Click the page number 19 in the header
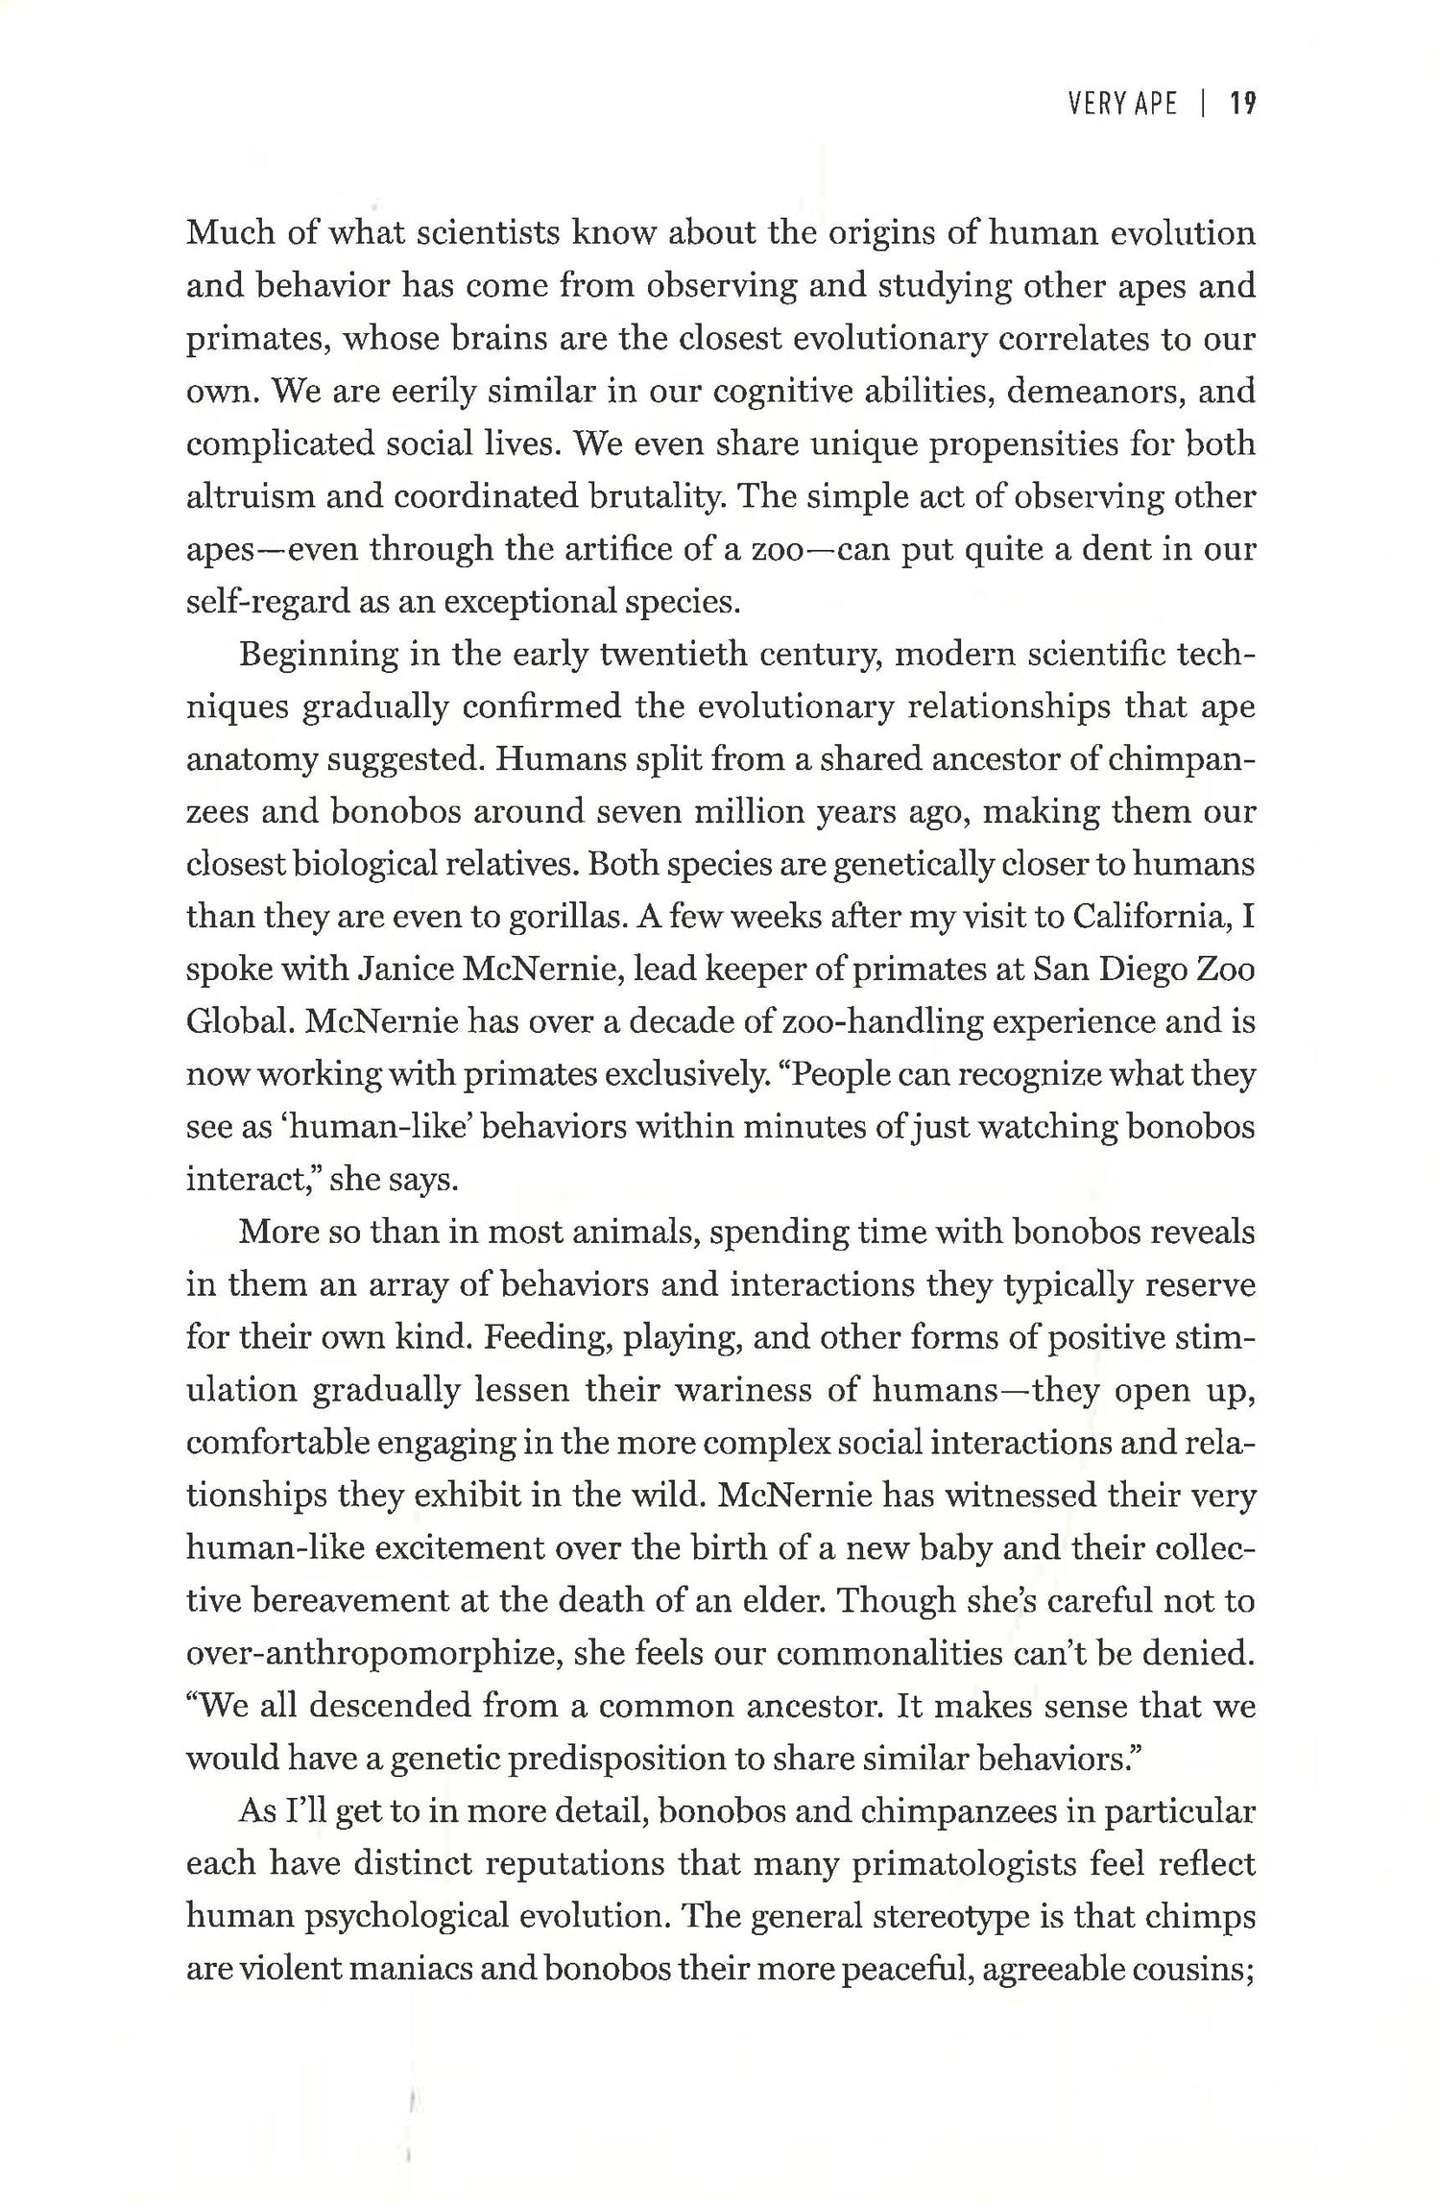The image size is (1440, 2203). click(x=1243, y=104)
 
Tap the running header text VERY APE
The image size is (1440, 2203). click(x=1122, y=104)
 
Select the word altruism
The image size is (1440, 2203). click(x=250, y=496)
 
